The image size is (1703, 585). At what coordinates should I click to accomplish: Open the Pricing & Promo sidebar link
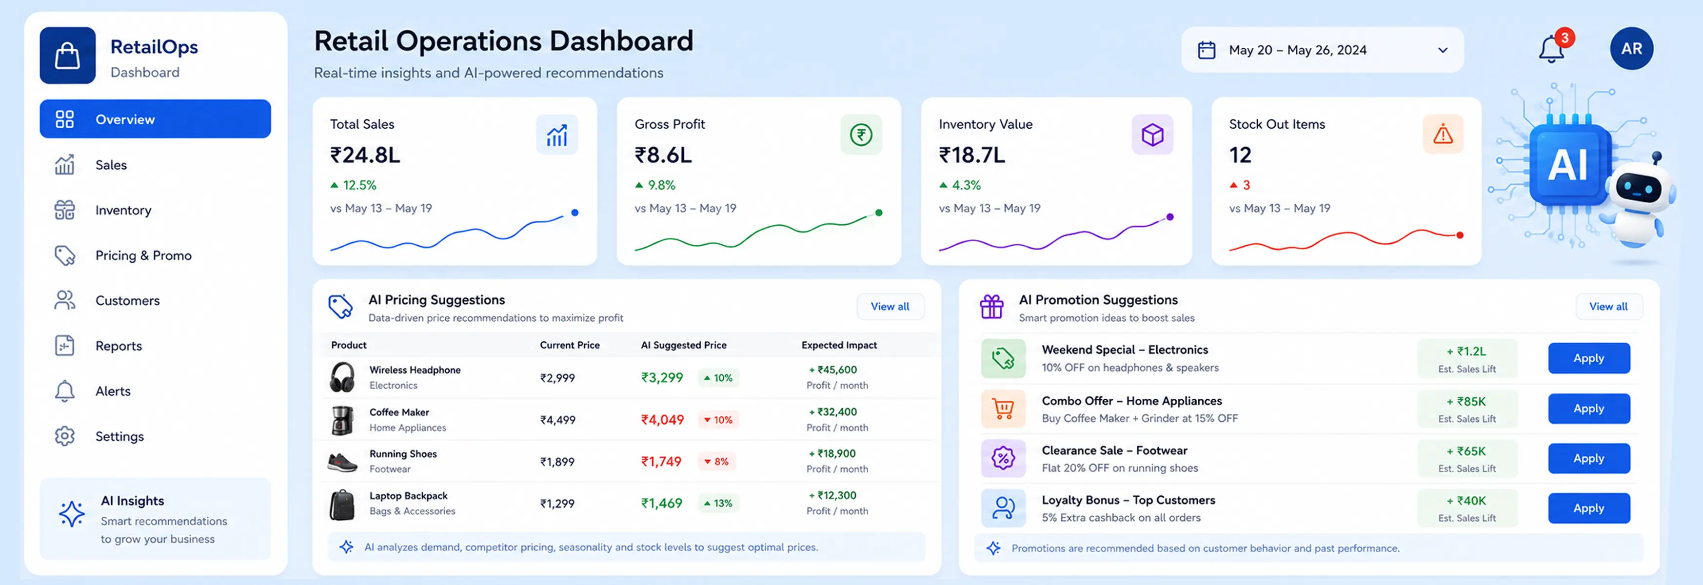(x=143, y=255)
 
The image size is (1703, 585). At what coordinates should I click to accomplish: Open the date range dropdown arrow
(x=1443, y=50)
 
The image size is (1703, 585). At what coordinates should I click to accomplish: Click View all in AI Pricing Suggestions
(x=890, y=307)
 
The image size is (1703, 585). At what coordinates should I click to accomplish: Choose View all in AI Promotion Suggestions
(x=1608, y=307)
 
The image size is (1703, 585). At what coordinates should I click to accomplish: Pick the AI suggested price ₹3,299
(x=662, y=377)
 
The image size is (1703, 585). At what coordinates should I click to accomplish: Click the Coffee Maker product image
(x=342, y=420)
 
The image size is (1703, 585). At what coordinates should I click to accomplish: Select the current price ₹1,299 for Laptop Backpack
(x=557, y=504)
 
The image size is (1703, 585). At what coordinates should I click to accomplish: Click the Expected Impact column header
(x=839, y=345)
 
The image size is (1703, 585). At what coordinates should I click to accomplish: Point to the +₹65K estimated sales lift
(x=1467, y=451)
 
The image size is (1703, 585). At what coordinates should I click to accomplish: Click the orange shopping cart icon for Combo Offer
(x=1003, y=409)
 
